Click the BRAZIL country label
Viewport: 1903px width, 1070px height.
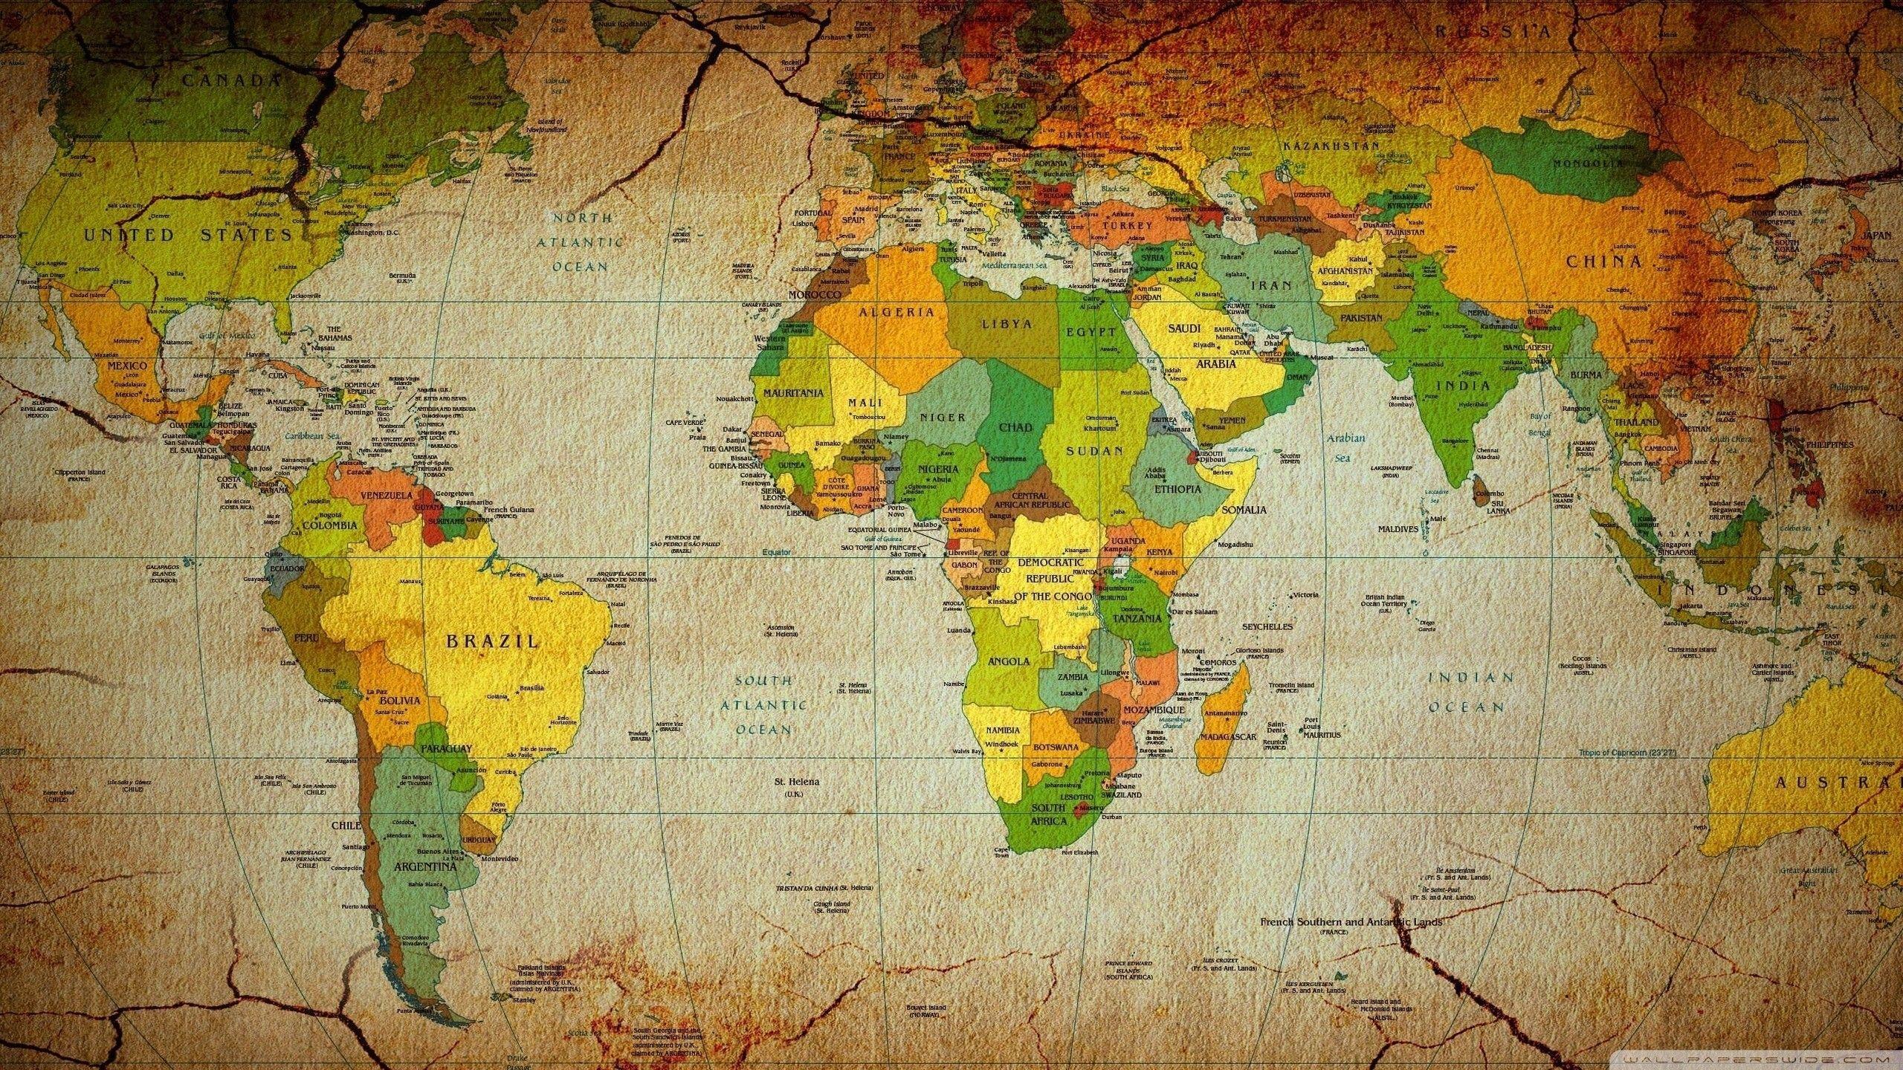pos(491,641)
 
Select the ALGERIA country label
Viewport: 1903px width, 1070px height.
pos(896,312)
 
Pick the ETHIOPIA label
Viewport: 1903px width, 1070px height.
pos(1177,490)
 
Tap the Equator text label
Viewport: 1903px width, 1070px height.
pos(776,553)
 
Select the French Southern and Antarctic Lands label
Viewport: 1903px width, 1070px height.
pos(1351,922)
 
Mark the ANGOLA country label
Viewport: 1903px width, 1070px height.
pos(1009,661)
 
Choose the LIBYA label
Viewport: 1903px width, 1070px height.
pos(1007,325)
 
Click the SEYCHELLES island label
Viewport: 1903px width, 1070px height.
pos(1267,626)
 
